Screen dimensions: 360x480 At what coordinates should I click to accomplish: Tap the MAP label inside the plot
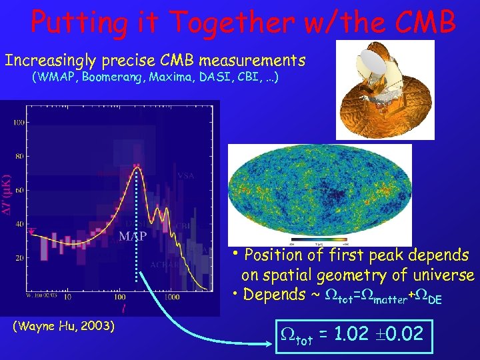[x=133, y=236]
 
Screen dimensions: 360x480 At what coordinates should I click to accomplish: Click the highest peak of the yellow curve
[x=137, y=168]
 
